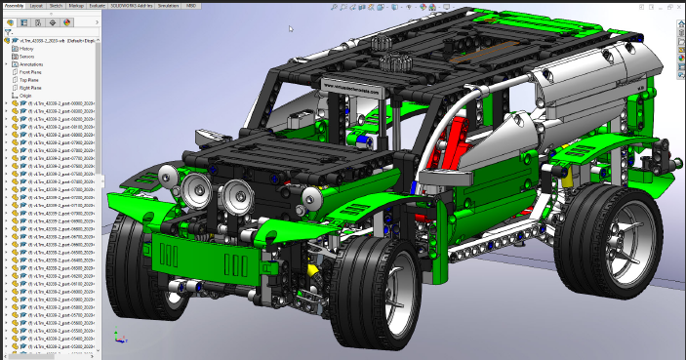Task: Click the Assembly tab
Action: click(x=15, y=4)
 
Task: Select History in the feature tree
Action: click(x=26, y=49)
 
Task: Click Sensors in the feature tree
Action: click(x=26, y=57)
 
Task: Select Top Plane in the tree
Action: click(x=28, y=80)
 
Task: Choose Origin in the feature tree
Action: click(x=25, y=96)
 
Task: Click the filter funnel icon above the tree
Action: click(x=8, y=31)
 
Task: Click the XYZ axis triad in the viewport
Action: click(x=118, y=339)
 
